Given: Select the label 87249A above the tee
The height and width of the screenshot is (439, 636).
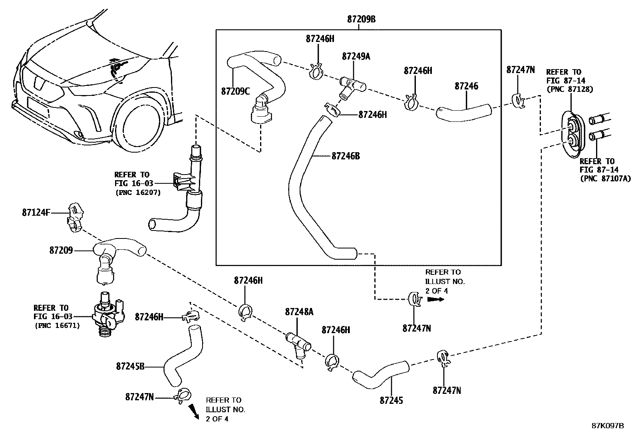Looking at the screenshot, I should (356, 57).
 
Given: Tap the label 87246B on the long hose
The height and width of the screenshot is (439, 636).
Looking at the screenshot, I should (345, 156).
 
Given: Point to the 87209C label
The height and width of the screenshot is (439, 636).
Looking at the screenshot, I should (235, 91).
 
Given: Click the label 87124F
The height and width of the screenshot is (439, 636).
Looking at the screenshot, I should (36, 213).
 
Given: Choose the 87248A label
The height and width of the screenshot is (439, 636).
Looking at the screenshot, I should (299, 312).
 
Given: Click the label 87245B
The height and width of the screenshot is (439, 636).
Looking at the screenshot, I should (130, 366).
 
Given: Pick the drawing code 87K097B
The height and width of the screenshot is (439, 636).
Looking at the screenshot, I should (608, 426).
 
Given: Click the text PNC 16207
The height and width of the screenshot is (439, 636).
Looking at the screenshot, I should (138, 193).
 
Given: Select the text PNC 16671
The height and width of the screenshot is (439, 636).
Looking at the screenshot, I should (57, 326).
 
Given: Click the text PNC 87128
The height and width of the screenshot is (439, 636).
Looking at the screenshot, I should (569, 89).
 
